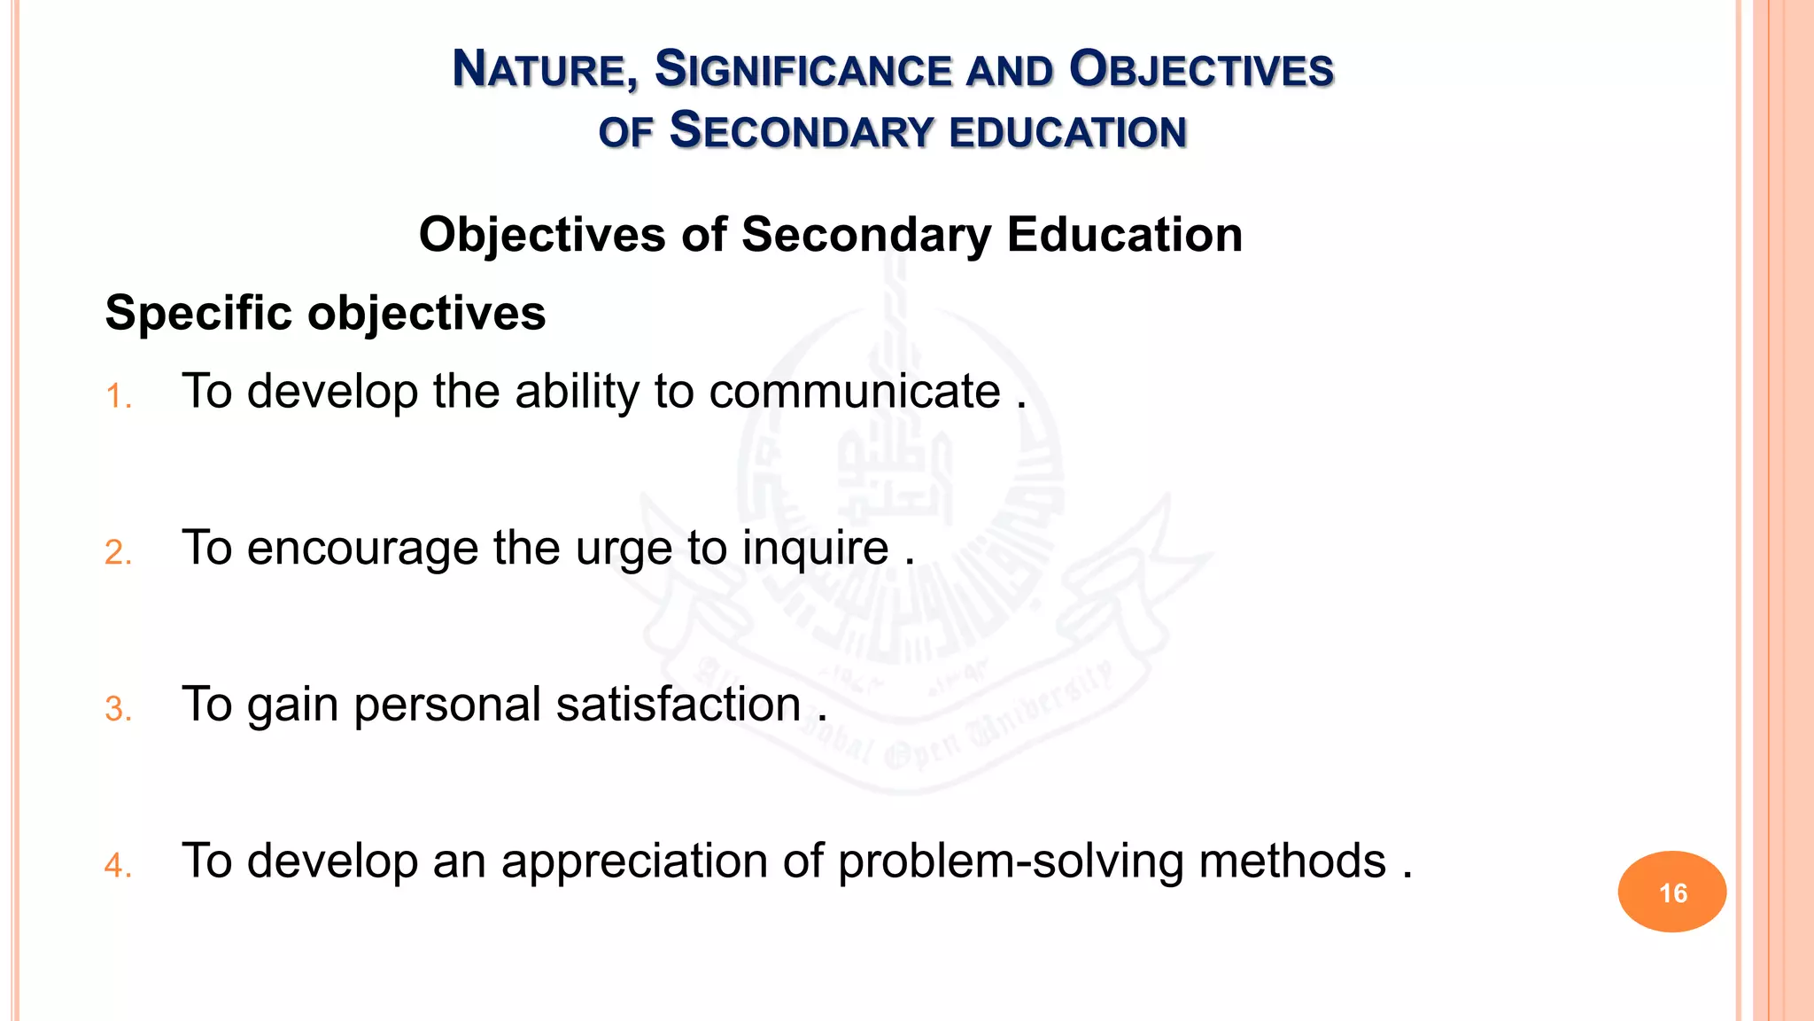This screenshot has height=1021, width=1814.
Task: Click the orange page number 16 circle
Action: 1671,892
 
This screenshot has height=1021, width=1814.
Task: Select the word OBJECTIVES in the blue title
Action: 1201,70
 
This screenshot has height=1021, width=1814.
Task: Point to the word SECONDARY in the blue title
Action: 802,131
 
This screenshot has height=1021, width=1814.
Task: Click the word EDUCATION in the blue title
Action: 1067,132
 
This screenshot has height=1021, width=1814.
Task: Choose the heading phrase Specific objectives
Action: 325,313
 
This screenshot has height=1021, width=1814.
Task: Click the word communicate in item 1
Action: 855,391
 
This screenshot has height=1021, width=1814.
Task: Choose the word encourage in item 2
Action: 362,548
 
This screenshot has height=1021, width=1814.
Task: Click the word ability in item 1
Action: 577,391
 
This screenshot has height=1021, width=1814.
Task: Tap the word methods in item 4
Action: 1292,861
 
